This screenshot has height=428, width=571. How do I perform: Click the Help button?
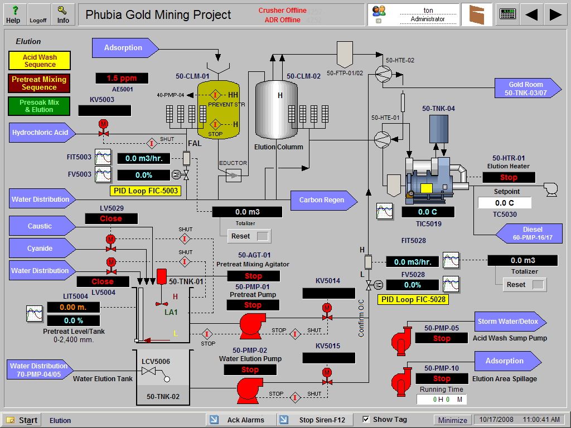(13, 14)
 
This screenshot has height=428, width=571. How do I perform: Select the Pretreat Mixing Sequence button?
(39, 83)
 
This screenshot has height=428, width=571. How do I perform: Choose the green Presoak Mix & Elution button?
(39, 106)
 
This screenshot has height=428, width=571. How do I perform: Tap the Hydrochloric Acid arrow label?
(41, 133)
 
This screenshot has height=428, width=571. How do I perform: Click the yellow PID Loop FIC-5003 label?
(146, 191)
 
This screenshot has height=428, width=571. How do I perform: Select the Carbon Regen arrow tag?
(322, 200)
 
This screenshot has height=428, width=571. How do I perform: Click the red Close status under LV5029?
(111, 218)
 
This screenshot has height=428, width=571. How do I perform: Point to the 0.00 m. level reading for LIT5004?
(73, 307)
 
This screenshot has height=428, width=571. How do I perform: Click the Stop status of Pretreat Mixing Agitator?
(253, 276)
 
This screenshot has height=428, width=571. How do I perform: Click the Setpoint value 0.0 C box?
(504, 203)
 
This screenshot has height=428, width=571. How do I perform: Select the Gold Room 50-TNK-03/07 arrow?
(526, 89)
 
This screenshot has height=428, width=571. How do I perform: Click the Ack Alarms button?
(241, 420)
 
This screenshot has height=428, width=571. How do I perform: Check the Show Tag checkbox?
(366, 419)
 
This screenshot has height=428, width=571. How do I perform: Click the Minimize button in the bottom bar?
(452, 420)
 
